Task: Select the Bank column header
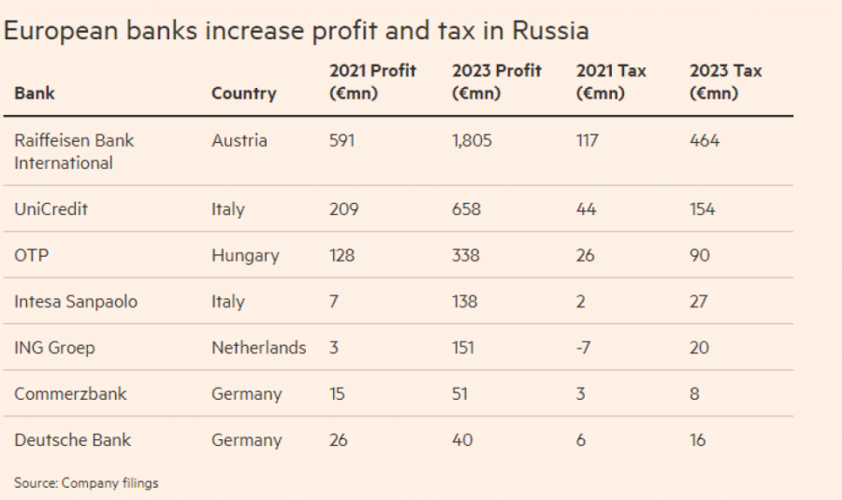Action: point(35,93)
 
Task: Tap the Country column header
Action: point(243,93)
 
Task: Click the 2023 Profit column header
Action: point(495,82)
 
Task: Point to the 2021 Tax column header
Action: point(611,82)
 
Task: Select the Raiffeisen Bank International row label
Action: point(74,151)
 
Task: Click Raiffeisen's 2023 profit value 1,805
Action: point(472,141)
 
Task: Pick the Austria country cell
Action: point(240,141)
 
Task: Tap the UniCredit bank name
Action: point(51,209)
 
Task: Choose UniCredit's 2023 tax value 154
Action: point(702,209)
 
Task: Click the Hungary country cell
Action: point(245,255)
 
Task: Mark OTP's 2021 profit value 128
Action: point(341,255)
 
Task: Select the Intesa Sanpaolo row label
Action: point(77,301)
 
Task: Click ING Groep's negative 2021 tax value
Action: point(585,348)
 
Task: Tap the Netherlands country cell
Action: point(259,348)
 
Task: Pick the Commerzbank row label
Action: point(70,393)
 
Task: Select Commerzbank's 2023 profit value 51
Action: point(461,393)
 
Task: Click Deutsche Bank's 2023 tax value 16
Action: point(698,440)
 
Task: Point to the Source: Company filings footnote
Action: point(86,483)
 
